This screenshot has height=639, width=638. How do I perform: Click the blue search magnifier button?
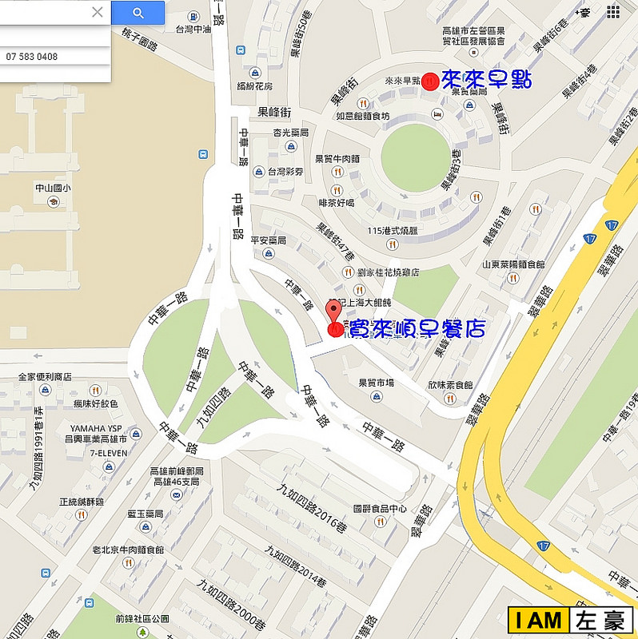coord(138,12)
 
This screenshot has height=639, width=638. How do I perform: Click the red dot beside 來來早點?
coord(430,81)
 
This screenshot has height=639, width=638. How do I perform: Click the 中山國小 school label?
coord(53,189)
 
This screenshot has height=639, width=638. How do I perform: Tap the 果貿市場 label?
coord(377,383)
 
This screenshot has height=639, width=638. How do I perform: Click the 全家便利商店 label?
coord(46,376)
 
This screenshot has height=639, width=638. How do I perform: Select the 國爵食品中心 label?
coord(380,509)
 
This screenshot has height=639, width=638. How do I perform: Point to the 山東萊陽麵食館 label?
coord(512,264)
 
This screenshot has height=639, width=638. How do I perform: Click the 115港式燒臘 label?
coord(392,231)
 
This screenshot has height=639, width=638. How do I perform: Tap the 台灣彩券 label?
coord(285,172)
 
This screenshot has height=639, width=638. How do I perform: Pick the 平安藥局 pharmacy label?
coord(269,240)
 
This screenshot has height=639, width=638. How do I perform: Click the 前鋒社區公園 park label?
coord(142,618)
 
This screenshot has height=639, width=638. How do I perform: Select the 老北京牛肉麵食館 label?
coord(128,550)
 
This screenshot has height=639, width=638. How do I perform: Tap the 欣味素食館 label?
coord(450,384)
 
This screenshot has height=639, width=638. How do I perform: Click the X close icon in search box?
coord(97,12)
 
